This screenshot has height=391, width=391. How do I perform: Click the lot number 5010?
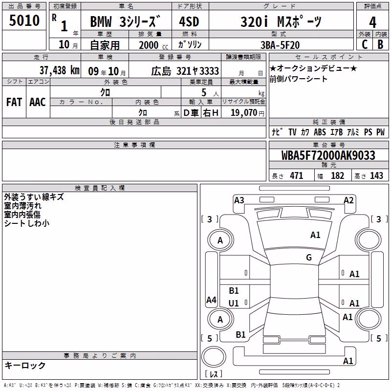24,20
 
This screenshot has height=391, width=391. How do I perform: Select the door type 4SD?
189,22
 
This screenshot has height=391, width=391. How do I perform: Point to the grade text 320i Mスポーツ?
281,22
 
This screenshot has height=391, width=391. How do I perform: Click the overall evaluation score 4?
372,22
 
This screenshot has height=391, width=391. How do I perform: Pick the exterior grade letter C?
364,44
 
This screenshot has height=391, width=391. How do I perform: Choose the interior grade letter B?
380,44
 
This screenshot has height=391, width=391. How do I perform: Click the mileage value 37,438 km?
59,70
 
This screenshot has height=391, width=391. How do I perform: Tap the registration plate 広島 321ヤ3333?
185,71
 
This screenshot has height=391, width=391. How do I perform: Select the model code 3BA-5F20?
280,45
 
